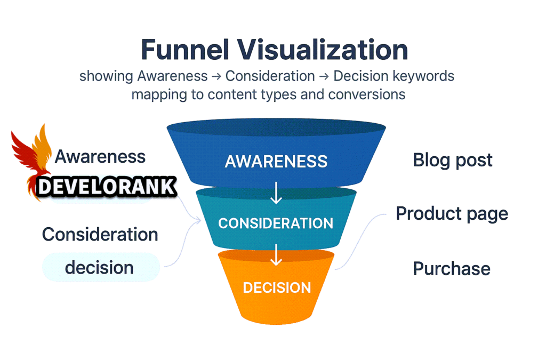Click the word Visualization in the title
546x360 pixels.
click(323, 50)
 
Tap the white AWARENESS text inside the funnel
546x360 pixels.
click(276, 161)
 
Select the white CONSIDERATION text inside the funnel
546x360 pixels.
click(276, 223)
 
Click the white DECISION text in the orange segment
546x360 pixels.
click(277, 288)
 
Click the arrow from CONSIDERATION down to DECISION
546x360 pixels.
click(276, 255)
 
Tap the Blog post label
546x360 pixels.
click(453, 161)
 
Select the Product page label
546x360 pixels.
click(452, 214)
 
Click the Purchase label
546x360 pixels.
click(452, 268)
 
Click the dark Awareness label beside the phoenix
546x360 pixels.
click(100, 157)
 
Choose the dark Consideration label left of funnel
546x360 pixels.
click(100, 234)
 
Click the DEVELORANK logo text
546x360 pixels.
click(107, 187)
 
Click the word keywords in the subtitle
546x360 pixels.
click(423, 76)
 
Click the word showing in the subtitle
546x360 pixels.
click(106, 76)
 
